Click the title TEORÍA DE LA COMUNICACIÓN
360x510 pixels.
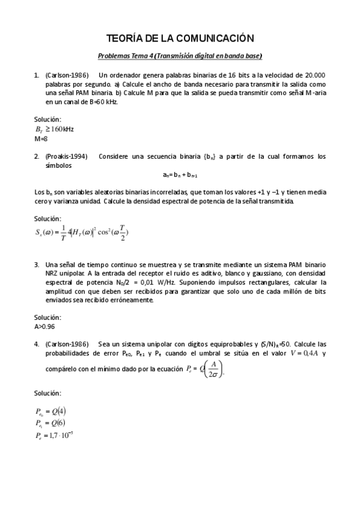(180, 38)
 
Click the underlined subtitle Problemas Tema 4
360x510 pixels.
(180, 56)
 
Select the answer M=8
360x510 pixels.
(41, 138)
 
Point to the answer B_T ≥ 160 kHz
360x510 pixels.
(55, 129)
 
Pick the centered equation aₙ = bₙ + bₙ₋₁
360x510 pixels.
(180, 175)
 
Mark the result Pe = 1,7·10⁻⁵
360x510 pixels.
(55, 434)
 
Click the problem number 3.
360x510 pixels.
(37, 263)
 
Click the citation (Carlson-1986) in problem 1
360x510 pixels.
(67, 75)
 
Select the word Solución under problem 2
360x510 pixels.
(47, 219)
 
